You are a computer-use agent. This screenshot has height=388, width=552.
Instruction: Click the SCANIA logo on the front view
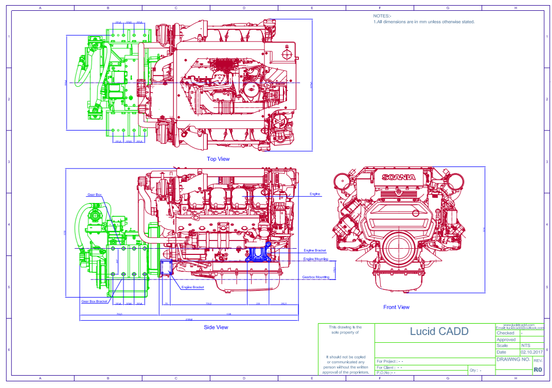coord(398,177)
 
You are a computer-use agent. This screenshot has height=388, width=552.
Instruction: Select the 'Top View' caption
coord(218,159)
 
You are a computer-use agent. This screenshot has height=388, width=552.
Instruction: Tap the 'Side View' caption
coord(216,327)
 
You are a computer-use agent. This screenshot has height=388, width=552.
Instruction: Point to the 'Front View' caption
coord(396,307)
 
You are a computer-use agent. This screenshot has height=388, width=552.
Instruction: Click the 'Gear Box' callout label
coord(94,195)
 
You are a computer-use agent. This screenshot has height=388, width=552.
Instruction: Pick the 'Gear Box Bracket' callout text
coord(94,302)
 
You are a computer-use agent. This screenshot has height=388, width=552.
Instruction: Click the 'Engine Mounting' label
coord(315,259)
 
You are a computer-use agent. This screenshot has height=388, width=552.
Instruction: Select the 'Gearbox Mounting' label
coord(315,277)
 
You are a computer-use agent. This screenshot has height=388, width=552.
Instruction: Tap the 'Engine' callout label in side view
coord(315,194)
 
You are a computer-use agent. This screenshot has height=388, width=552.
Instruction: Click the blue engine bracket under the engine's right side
coord(258,254)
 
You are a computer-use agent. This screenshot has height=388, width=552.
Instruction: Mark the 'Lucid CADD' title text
coord(439,331)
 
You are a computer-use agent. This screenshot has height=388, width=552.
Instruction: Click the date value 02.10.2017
coord(532,352)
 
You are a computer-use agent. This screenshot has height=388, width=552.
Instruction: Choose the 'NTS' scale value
coord(525,346)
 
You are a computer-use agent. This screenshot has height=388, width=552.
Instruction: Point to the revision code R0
coord(538,369)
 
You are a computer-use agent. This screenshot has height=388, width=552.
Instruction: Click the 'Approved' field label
coord(506,340)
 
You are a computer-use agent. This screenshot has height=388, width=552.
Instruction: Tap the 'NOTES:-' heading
coord(382,16)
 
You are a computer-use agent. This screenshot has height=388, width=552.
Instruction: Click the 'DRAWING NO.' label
coord(513,360)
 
